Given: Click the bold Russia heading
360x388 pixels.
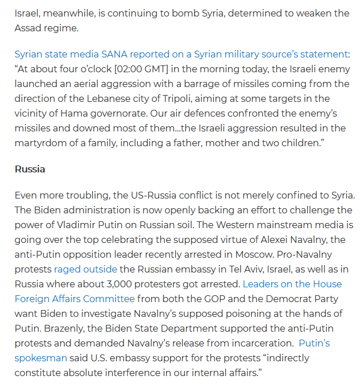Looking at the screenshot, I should (30, 169).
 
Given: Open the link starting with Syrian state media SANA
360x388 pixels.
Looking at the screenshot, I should (181, 55).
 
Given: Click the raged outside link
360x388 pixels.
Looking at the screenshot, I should (85, 269).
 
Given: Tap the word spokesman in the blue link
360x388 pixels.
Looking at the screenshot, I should (40, 358).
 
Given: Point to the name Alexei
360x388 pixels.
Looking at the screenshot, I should (270, 240).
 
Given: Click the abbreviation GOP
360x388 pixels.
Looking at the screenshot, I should (196, 299).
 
